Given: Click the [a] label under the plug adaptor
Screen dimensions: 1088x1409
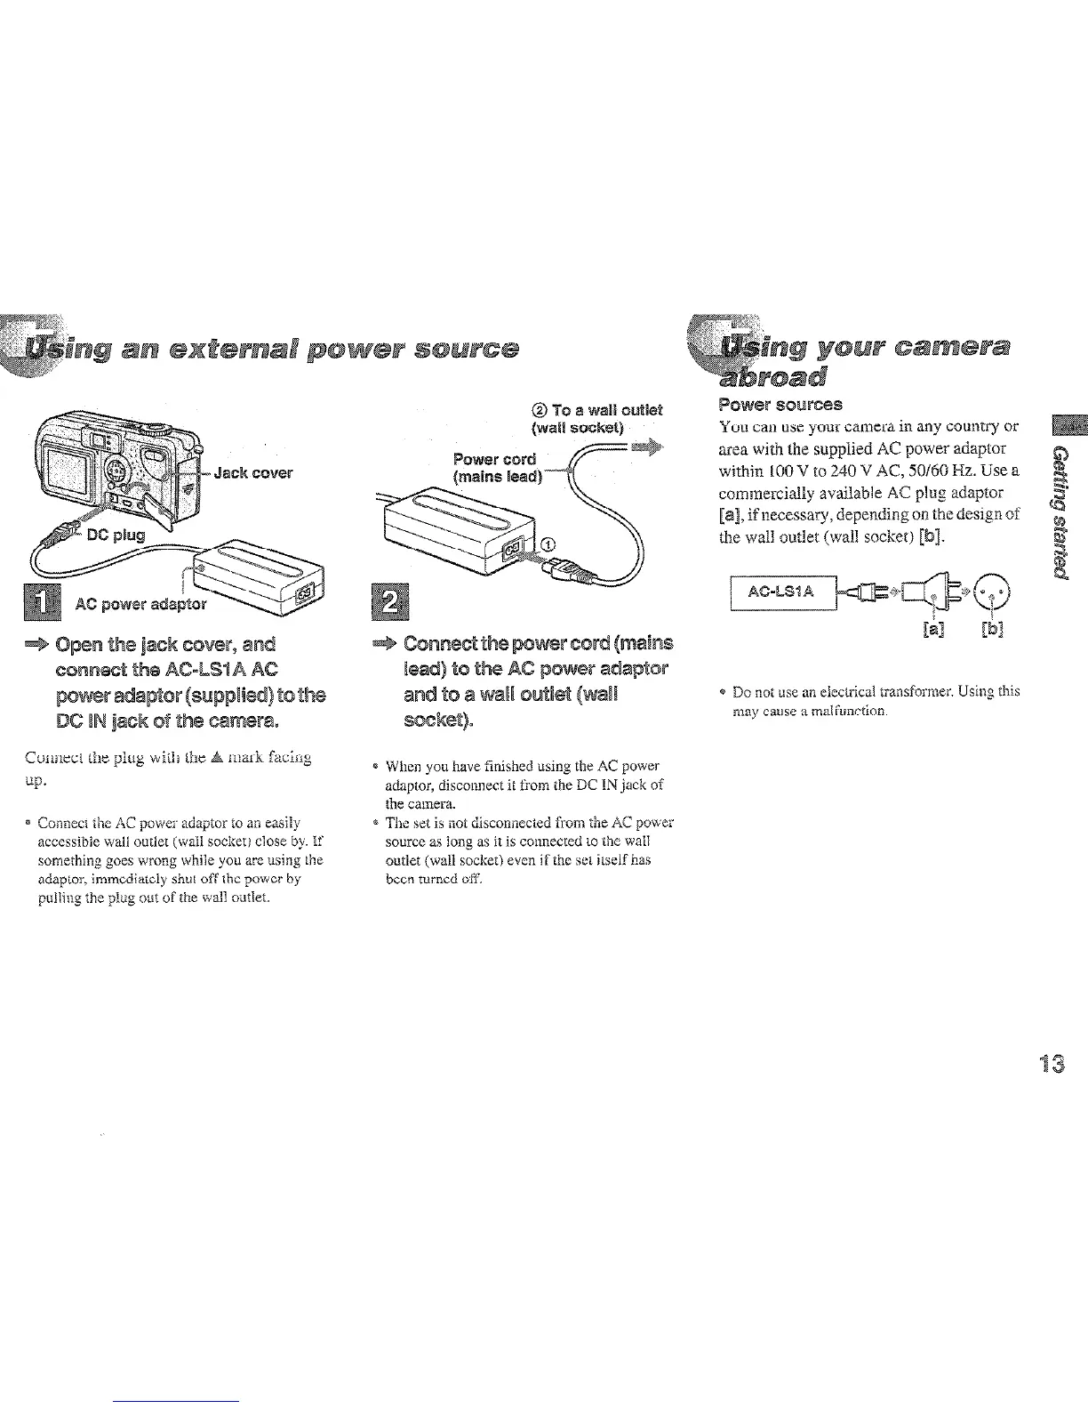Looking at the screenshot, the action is (x=928, y=631).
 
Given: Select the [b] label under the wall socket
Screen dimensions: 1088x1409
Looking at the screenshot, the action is (x=992, y=631).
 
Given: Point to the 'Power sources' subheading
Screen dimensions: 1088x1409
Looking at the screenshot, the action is (x=780, y=405).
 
